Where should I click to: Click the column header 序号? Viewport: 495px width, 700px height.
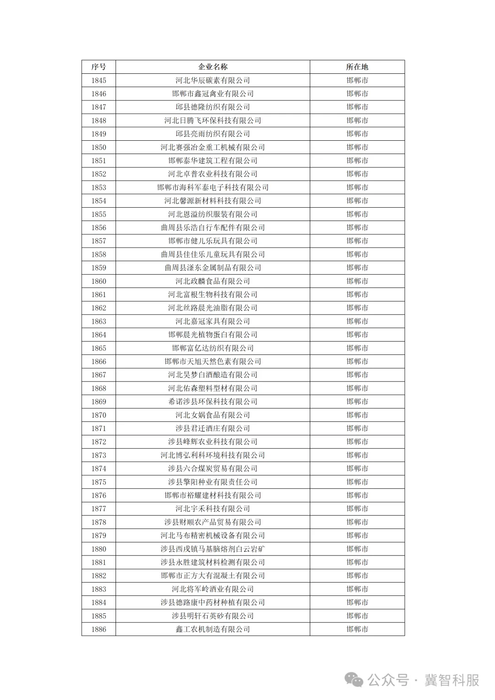99,67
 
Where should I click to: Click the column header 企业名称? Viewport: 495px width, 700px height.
213,67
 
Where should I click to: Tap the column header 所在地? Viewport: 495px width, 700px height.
357,67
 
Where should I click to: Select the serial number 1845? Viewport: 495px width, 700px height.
99,80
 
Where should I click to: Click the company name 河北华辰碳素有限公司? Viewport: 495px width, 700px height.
213,80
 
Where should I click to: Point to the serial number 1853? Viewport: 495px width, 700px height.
99,187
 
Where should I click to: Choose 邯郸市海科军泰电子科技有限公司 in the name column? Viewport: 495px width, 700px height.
213,187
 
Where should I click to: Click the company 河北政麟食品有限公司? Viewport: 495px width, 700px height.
213,281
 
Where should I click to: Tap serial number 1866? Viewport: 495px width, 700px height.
99,361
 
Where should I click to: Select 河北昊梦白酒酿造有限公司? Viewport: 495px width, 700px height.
213,375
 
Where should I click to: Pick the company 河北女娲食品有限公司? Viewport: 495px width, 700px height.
213,415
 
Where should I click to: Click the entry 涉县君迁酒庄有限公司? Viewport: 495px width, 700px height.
213,428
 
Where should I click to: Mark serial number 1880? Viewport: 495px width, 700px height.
99,549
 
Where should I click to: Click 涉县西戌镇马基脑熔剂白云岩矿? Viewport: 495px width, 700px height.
213,549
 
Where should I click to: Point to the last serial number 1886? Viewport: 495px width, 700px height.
99,629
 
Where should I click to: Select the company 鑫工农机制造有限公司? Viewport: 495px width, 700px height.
213,629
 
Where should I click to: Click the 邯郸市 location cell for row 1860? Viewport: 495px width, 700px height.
357,281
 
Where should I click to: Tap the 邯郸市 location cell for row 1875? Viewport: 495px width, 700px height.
357,482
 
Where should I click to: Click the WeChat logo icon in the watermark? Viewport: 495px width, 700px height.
354,680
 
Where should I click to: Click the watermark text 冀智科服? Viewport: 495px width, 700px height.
451,680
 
